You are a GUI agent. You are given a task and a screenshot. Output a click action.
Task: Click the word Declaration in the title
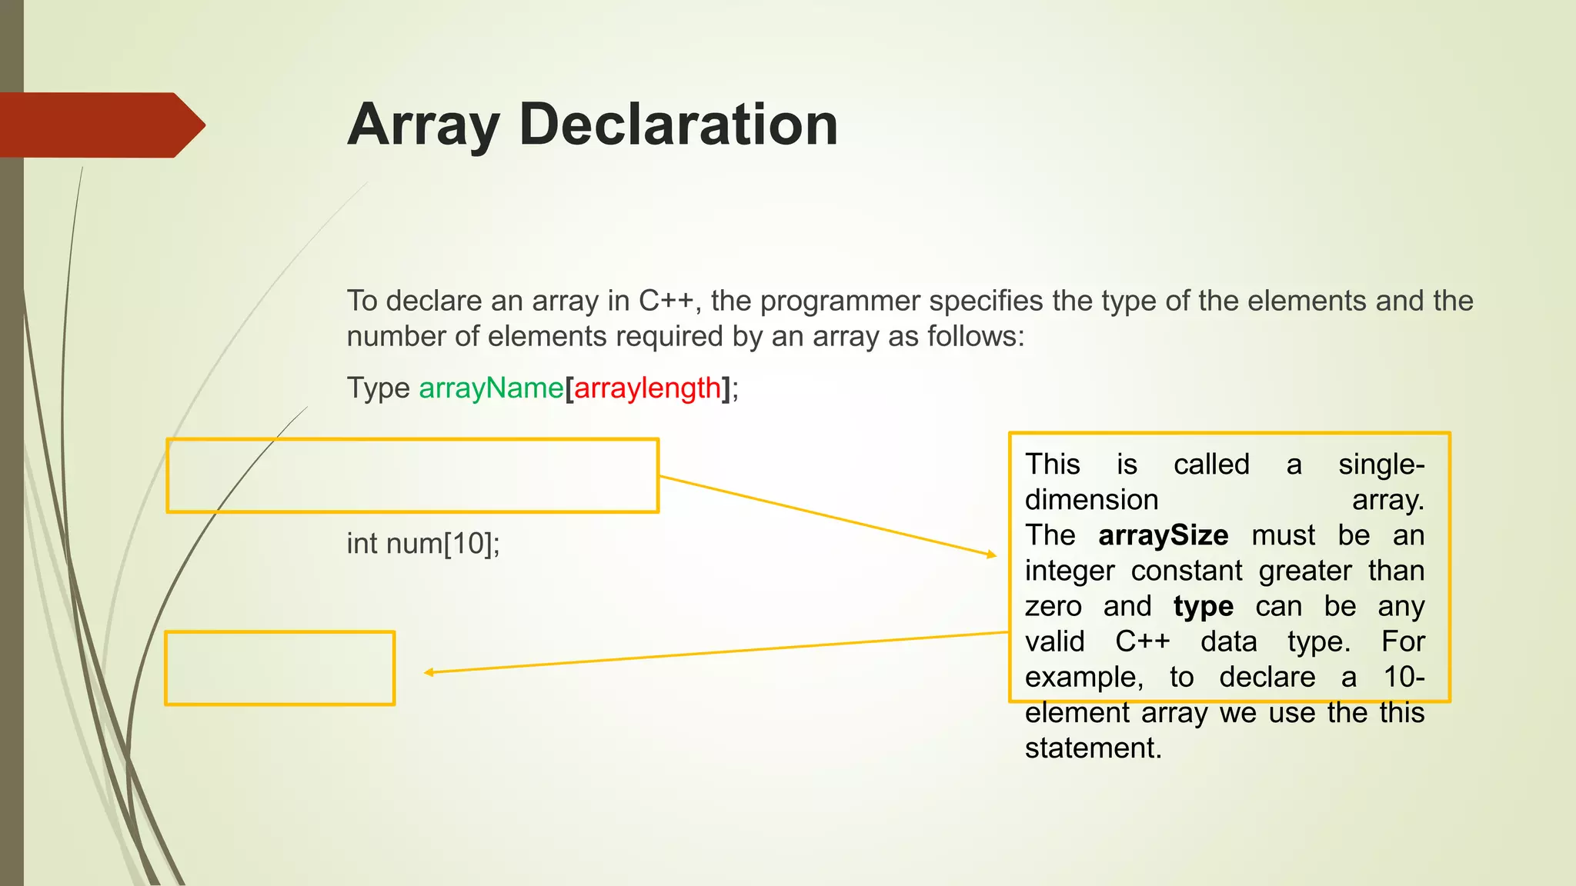tap(678, 125)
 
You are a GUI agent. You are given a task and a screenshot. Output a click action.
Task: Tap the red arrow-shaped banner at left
tap(100, 125)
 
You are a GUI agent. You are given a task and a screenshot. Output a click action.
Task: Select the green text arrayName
tap(491, 388)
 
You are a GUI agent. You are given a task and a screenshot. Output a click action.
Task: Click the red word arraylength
tap(647, 388)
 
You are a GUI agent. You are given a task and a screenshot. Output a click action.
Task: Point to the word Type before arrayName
tap(378, 388)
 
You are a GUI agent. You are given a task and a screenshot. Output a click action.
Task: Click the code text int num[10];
tap(423, 544)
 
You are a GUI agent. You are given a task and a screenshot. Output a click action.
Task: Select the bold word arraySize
tap(1163, 535)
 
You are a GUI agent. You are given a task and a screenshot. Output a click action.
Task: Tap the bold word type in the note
tap(1203, 607)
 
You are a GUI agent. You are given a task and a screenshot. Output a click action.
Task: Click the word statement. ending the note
tap(1093, 748)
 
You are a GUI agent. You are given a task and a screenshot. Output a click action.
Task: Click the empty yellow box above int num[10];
tap(412, 475)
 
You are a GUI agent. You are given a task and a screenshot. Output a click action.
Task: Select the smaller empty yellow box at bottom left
tap(280, 668)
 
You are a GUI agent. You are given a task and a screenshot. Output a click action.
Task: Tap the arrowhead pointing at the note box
tap(992, 554)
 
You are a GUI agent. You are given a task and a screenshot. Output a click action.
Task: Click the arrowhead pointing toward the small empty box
tap(429, 672)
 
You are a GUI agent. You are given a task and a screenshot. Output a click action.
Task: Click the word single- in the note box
tap(1381, 465)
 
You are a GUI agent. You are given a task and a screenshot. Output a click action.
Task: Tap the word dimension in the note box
tap(1091, 500)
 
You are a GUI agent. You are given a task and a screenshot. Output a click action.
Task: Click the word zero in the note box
tap(1053, 607)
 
